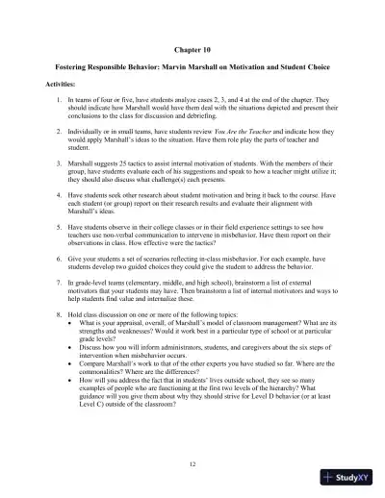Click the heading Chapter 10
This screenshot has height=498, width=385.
[x=192, y=46]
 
